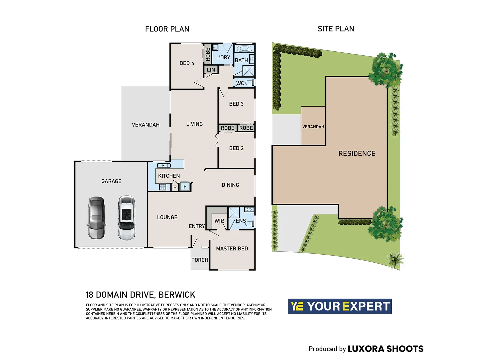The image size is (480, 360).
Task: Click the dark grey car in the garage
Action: coord(96,218)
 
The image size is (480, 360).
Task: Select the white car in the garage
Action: coord(127,218)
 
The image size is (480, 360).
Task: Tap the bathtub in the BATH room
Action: coord(244,49)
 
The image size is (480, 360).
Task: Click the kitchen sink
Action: coord(164,165)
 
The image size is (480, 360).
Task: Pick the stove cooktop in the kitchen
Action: coord(162,187)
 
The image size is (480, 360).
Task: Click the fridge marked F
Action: coord(185,187)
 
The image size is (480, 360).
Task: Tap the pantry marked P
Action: coord(175,187)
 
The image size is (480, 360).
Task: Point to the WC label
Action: coord(240,83)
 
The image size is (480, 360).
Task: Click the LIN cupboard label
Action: coord(211,70)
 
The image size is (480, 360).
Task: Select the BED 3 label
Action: coord(236,104)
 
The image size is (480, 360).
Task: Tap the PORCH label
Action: coord(200,260)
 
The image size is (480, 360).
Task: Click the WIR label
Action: coord(219,221)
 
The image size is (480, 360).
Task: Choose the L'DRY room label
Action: coord(223,57)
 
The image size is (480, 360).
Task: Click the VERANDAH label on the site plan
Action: coord(313,127)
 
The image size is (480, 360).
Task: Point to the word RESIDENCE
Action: coord(357,153)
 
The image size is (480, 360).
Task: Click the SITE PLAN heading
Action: coord(336,29)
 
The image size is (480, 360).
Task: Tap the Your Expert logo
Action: coord(340,306)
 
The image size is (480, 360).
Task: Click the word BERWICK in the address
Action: coord(177,295)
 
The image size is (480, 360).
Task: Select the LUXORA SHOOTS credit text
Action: coord(386,349)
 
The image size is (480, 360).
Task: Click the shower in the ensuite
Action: coord(234,212)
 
